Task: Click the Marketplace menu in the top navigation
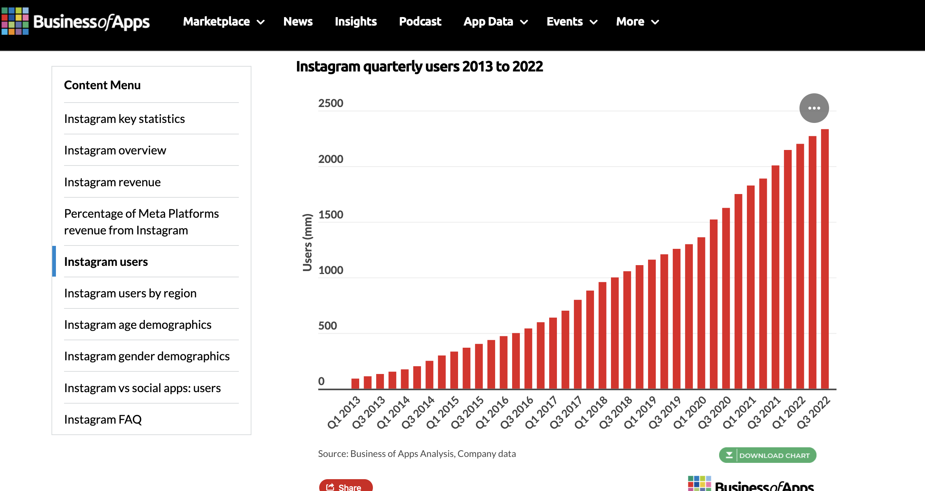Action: coord(223,21)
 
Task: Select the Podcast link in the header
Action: coord(420,21)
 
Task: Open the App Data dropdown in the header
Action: coord(495,21)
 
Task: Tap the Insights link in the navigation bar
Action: coord(355,21)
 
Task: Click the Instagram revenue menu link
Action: coord(112,182)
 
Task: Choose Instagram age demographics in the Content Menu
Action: coord(137,325)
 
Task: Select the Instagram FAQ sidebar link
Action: coord(103,420)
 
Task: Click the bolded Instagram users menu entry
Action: coord(106,262)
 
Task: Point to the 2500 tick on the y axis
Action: coord(330,103)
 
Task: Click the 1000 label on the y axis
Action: coord(330,270)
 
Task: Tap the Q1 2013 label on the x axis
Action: coord(344,412)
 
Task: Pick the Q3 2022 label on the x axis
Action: coord(814,412)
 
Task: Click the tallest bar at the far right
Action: coord(825,259)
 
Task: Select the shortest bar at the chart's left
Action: coord(355,384)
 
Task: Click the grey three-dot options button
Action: coord(814,108)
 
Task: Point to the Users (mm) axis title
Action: coord(307,243)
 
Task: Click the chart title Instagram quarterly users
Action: coord(419,67)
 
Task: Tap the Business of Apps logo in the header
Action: coord(76,21)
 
